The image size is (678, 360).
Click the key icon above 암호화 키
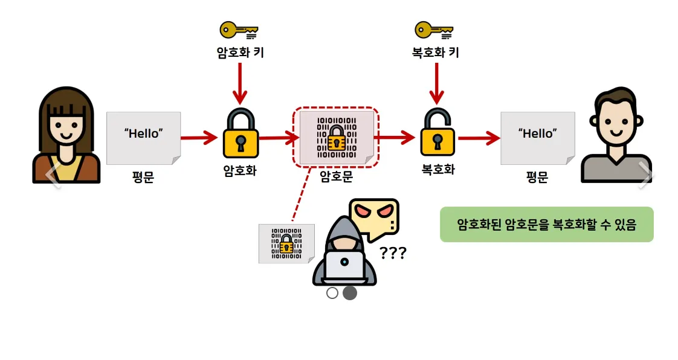click(239, 30)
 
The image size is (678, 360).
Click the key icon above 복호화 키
click(434, 30)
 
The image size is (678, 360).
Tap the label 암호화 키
click(240, 53)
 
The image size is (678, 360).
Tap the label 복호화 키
click(435, 53)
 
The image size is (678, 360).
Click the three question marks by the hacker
click(393, 252)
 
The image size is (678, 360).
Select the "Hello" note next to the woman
click(144, 138)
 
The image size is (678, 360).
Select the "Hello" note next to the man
click(537, 138)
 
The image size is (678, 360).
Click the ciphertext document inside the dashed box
click(337, 137)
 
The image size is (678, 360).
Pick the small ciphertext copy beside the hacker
click(286, 243)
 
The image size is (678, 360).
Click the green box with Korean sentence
click(546, 225)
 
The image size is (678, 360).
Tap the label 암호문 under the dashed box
click(336, 176)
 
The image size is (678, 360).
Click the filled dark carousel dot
click(350, 293)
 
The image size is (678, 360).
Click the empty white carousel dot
click(332, 293)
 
